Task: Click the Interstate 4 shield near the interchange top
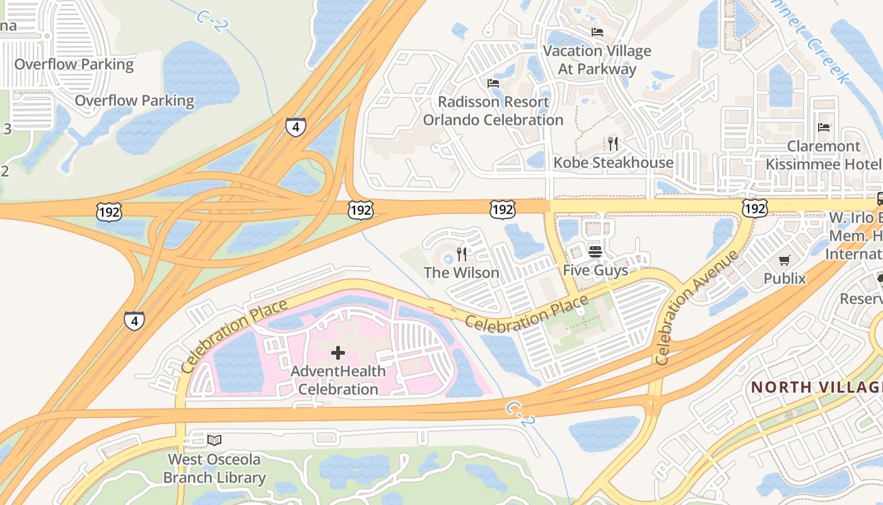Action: (295, 127)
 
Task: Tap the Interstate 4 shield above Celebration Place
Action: (134, 321)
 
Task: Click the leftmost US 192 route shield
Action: (108, 211)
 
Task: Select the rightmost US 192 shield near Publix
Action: (754, 208)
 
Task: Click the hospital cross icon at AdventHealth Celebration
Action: (338, 353)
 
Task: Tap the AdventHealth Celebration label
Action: (338, 380)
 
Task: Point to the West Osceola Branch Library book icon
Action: (214, 440)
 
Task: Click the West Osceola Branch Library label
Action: (214, 468)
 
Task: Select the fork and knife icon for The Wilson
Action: (462, 254)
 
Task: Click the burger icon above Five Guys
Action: (595, 252)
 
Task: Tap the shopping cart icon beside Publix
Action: (785, 260)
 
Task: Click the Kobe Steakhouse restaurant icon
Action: (612, 143)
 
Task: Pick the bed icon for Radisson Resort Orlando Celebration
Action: (493, 83)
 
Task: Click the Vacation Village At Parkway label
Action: (597, 59)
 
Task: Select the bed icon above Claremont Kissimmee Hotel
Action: (824, 128)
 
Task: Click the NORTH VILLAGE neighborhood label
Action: (816, 387)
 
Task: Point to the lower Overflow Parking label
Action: (134, 100)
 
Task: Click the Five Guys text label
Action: (595, 271)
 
